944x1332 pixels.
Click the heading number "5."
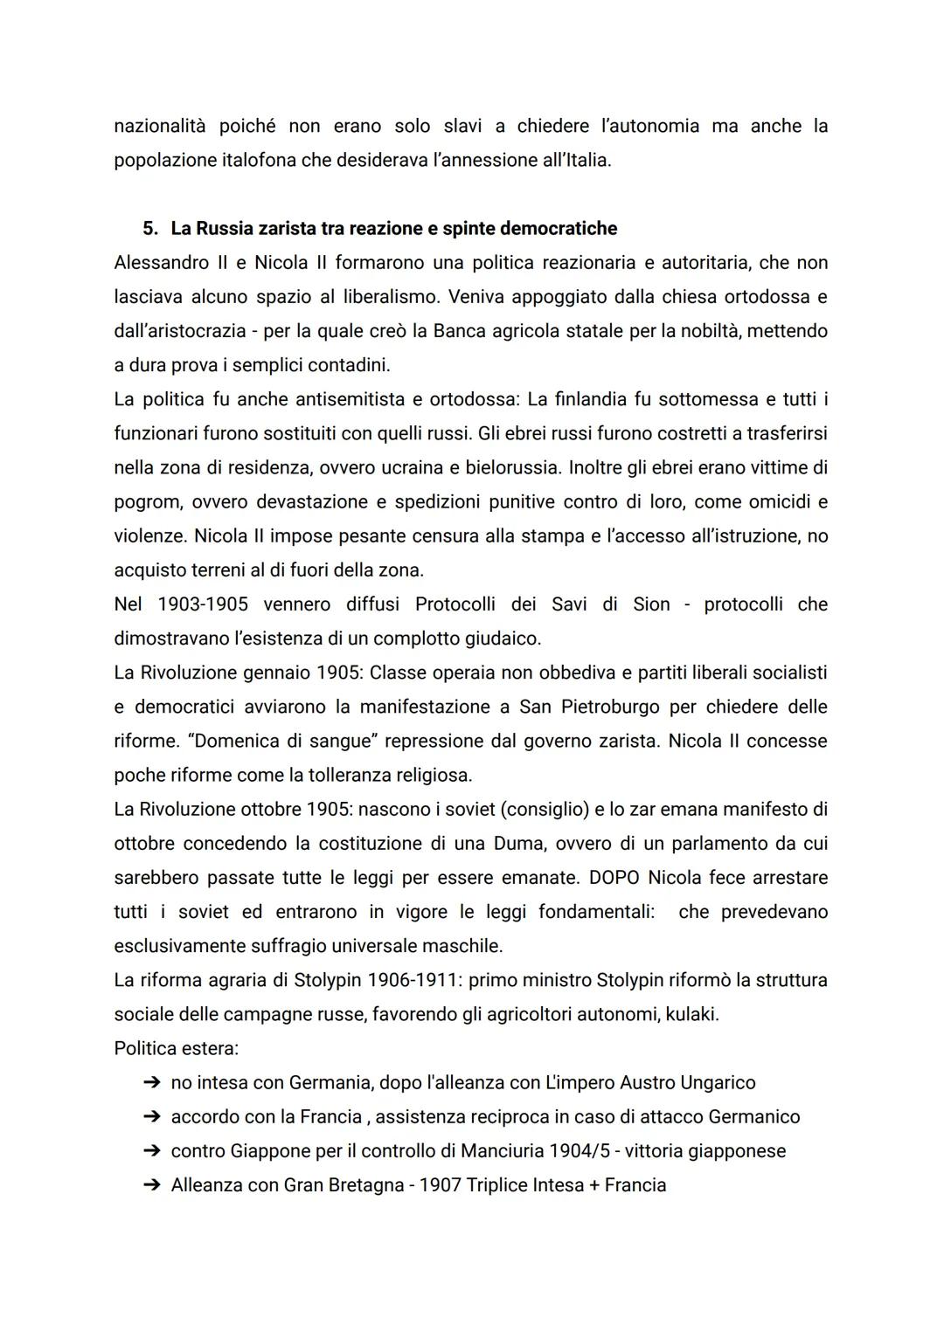coord(150,229)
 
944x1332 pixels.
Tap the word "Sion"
coord(651,604)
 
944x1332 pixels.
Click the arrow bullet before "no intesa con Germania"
coord(151,1083)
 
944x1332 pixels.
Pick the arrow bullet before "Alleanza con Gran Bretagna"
coord(151,1185)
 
